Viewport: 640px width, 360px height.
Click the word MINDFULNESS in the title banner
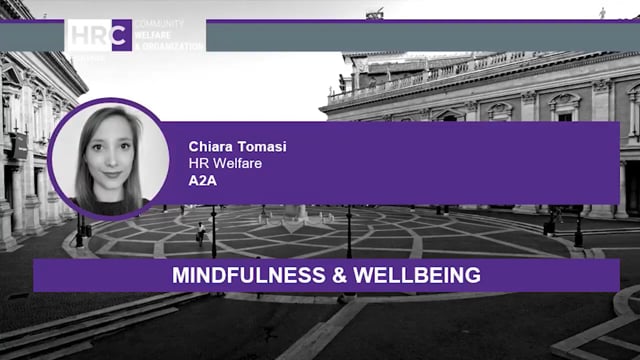tap(227, 275)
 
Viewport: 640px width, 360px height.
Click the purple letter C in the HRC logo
tap(121, 35)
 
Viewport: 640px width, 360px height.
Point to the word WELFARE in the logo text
tap(157, 34)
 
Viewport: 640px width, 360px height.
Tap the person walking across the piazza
tap(201, 233)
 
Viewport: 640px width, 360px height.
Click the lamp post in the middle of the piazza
tap(349, 230)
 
